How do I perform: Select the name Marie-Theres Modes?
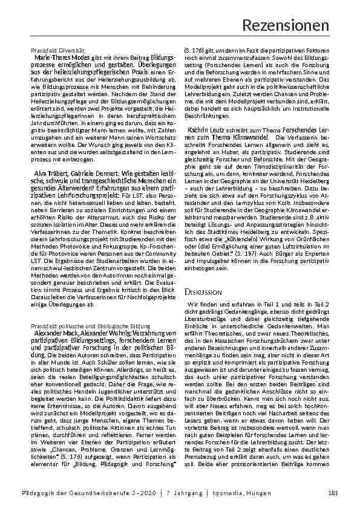click(56, 56)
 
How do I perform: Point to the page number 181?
click(324, 495)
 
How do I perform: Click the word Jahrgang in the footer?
click(183, 495)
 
